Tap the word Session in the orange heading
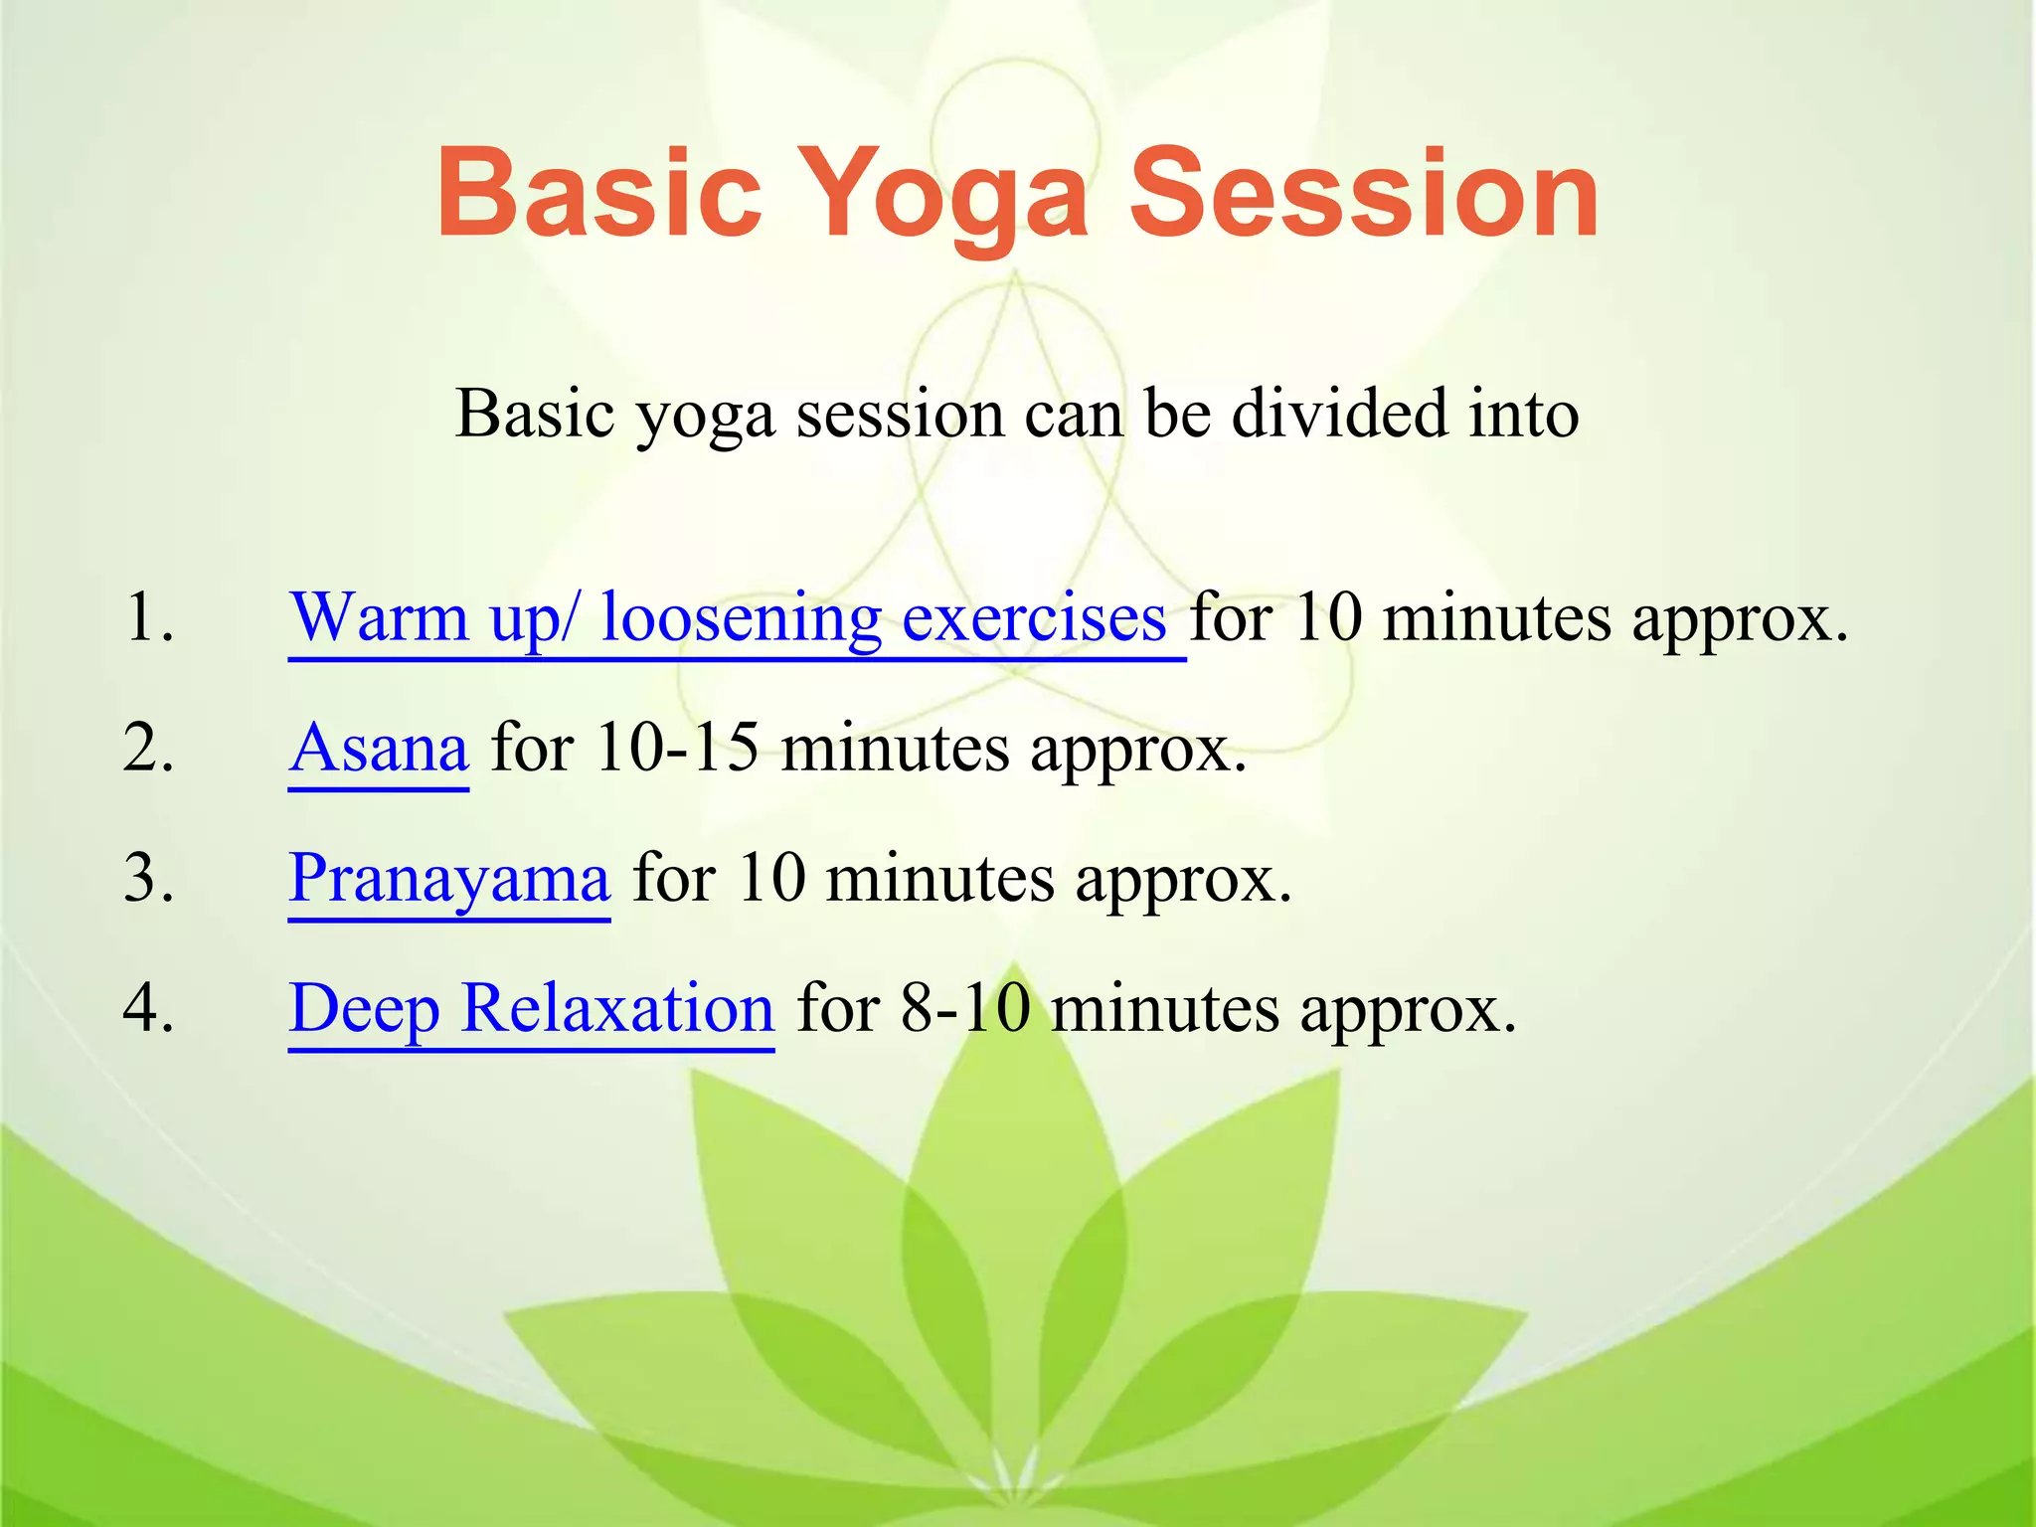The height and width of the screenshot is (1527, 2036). click(1364, 193)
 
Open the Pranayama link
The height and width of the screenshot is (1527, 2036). click(449, 879)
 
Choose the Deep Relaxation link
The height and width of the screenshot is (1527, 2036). click(531, 1008)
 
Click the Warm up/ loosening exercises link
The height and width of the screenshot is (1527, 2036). click(728, 618)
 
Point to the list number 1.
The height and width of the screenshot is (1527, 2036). click(149, 618)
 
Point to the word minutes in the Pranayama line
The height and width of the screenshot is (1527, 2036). click(938, 879)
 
